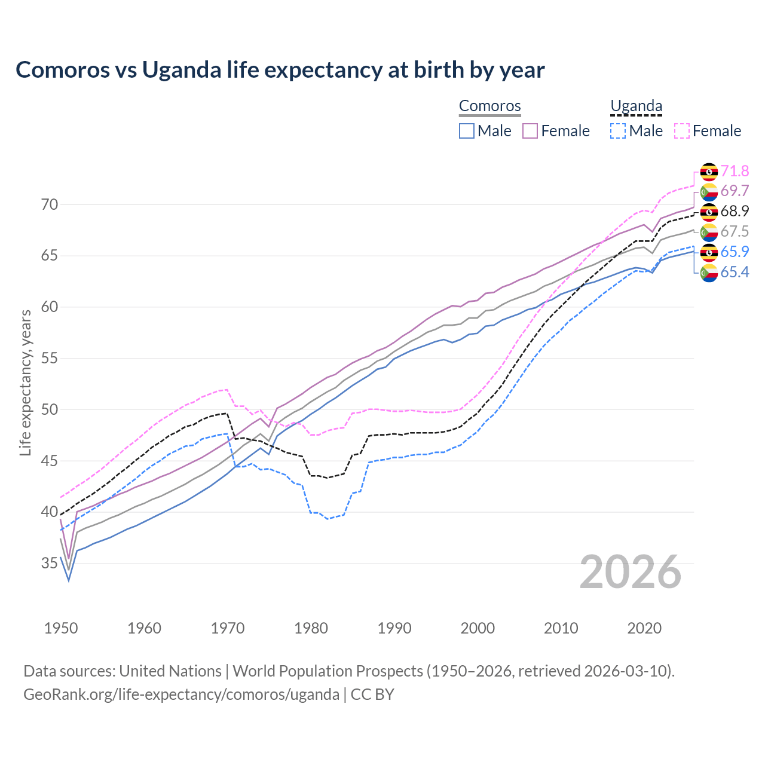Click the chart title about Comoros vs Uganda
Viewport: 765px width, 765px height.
[280, 70]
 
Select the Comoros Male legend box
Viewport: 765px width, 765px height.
[467, 131]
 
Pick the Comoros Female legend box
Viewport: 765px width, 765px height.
[530, 131]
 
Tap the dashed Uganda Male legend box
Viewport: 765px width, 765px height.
[618, 131]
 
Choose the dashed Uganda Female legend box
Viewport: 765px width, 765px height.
[681, 131]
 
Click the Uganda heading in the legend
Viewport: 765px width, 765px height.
[636, 106]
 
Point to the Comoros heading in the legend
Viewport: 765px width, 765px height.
[489, 106]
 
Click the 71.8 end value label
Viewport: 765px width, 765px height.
[735, 172]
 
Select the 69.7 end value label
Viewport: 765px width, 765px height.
[735, 191]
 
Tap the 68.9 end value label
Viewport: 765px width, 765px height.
[735, 212]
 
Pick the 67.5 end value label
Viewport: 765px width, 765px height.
[735, 232]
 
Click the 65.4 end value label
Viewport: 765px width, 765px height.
[735, 273]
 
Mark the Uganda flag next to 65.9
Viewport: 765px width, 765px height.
[709, 252]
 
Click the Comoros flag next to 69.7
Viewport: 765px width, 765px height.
[709, 191]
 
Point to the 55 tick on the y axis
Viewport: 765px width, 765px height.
[50, 359]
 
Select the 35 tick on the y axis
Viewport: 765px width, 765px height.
[50, 563]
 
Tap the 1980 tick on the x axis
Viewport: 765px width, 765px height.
[311, 628]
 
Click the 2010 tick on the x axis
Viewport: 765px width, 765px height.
[561, 628]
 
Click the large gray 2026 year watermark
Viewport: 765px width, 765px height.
[630, 572]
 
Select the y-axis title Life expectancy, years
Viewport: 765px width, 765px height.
[26, 383]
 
